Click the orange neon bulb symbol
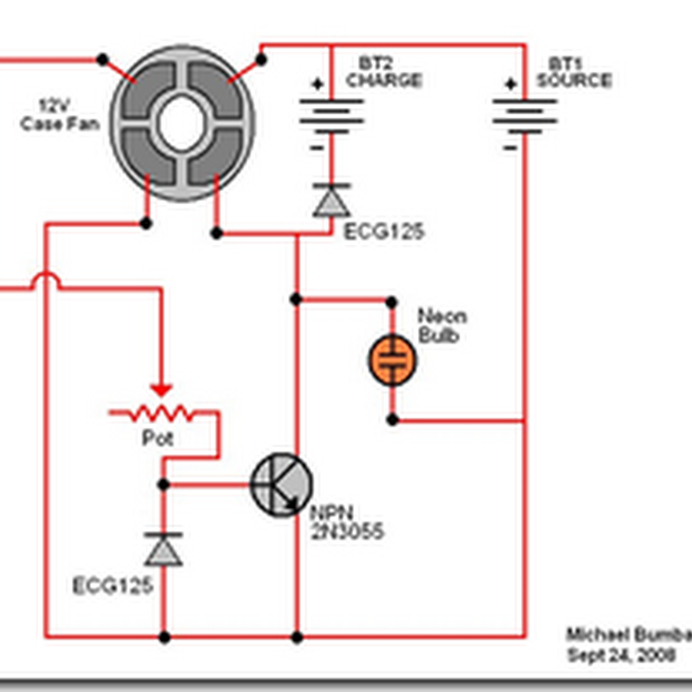(393, 360)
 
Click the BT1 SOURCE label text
(573, 74)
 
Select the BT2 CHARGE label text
(383, 74)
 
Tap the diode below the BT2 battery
(330, 201)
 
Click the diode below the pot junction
(163, 549)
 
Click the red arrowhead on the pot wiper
(161, 392)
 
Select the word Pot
(157, 439)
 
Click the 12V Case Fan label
(61, 116)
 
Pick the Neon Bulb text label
(437, 324)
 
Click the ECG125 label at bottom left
(112, 586)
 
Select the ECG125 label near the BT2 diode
(384, 233)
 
